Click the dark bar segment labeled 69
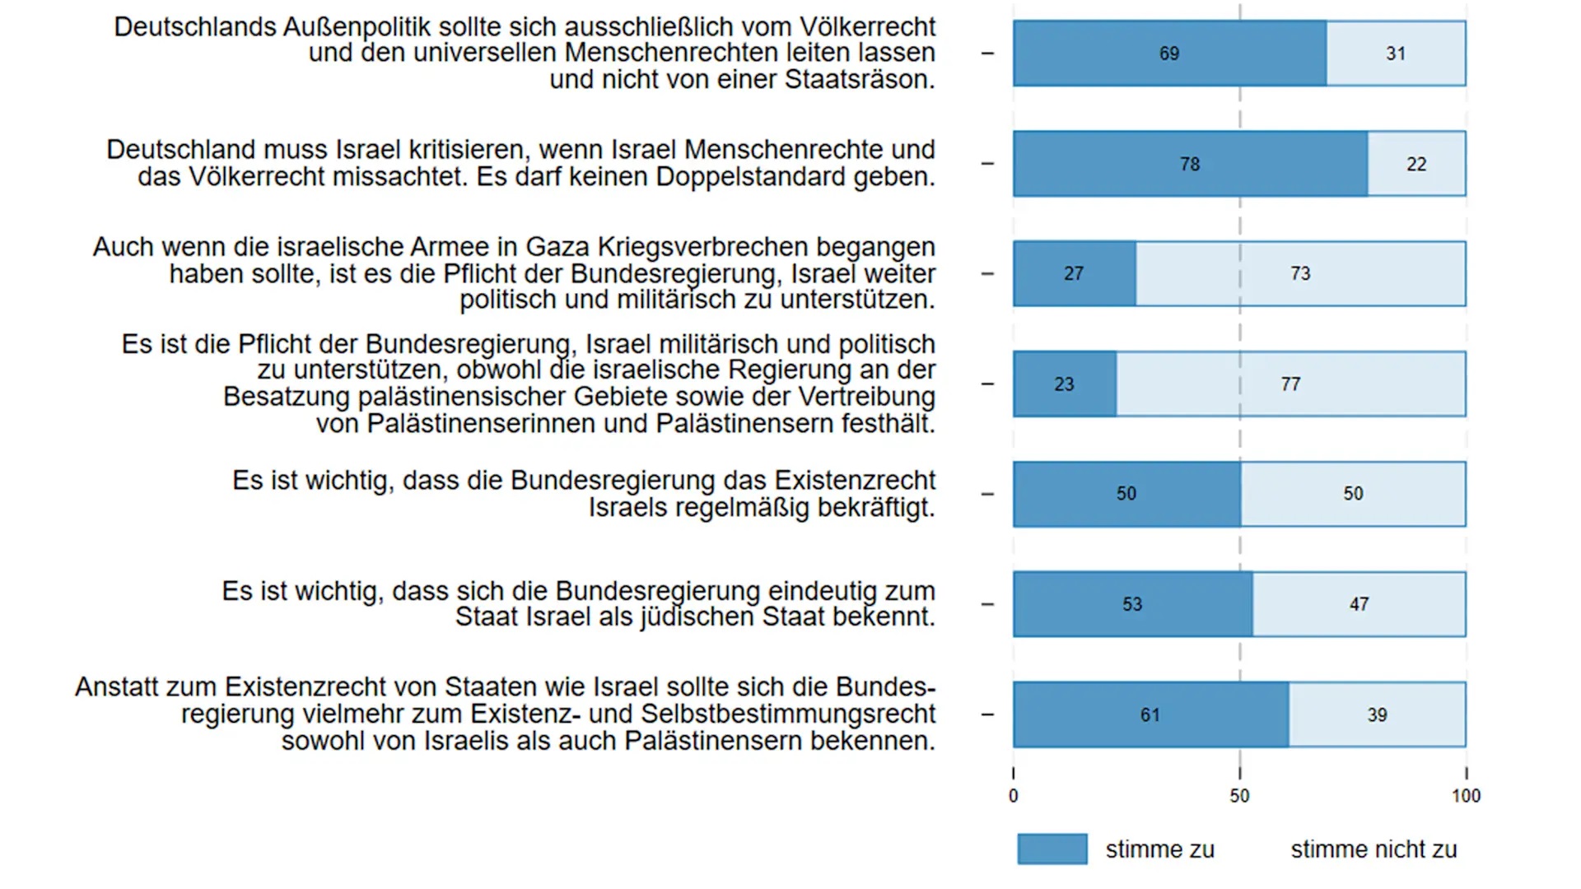pyautogui.click(x=1169, y=54)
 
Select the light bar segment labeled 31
pyautogui.click(x=1396, y=54)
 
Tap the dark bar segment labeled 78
pyautogui.click(x=1190, y=164)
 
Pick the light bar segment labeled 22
pyautogui.click(x=1416, y=164)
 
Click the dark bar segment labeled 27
pyautogui.click(x=1074, y=274)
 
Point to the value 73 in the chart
pyautogui.click(x=1300, y=274)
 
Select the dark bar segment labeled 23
pyautogui.click(x=1064, y=384)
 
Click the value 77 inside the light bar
pyautogui.click(x=1290, y=384)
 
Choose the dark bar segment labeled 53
pyautogui.click(x=1132, y=604)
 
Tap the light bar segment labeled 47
pyautogui.click(x=1359, y=604)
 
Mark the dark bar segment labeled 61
pyautogui.click(x=1150, y=714)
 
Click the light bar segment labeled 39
pyautogui.click(x=1377, y=714)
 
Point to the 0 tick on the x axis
pyautogui.click(x=1013, y=796)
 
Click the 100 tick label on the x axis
pyautogui.click(x=1466, y=796)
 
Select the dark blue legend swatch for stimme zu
pyautogui.click(x=1052, y=849)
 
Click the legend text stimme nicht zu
pyautogui.click(x=1373, y=849)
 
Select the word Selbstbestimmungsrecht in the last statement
pyautogui.click(x=789, y=714)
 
